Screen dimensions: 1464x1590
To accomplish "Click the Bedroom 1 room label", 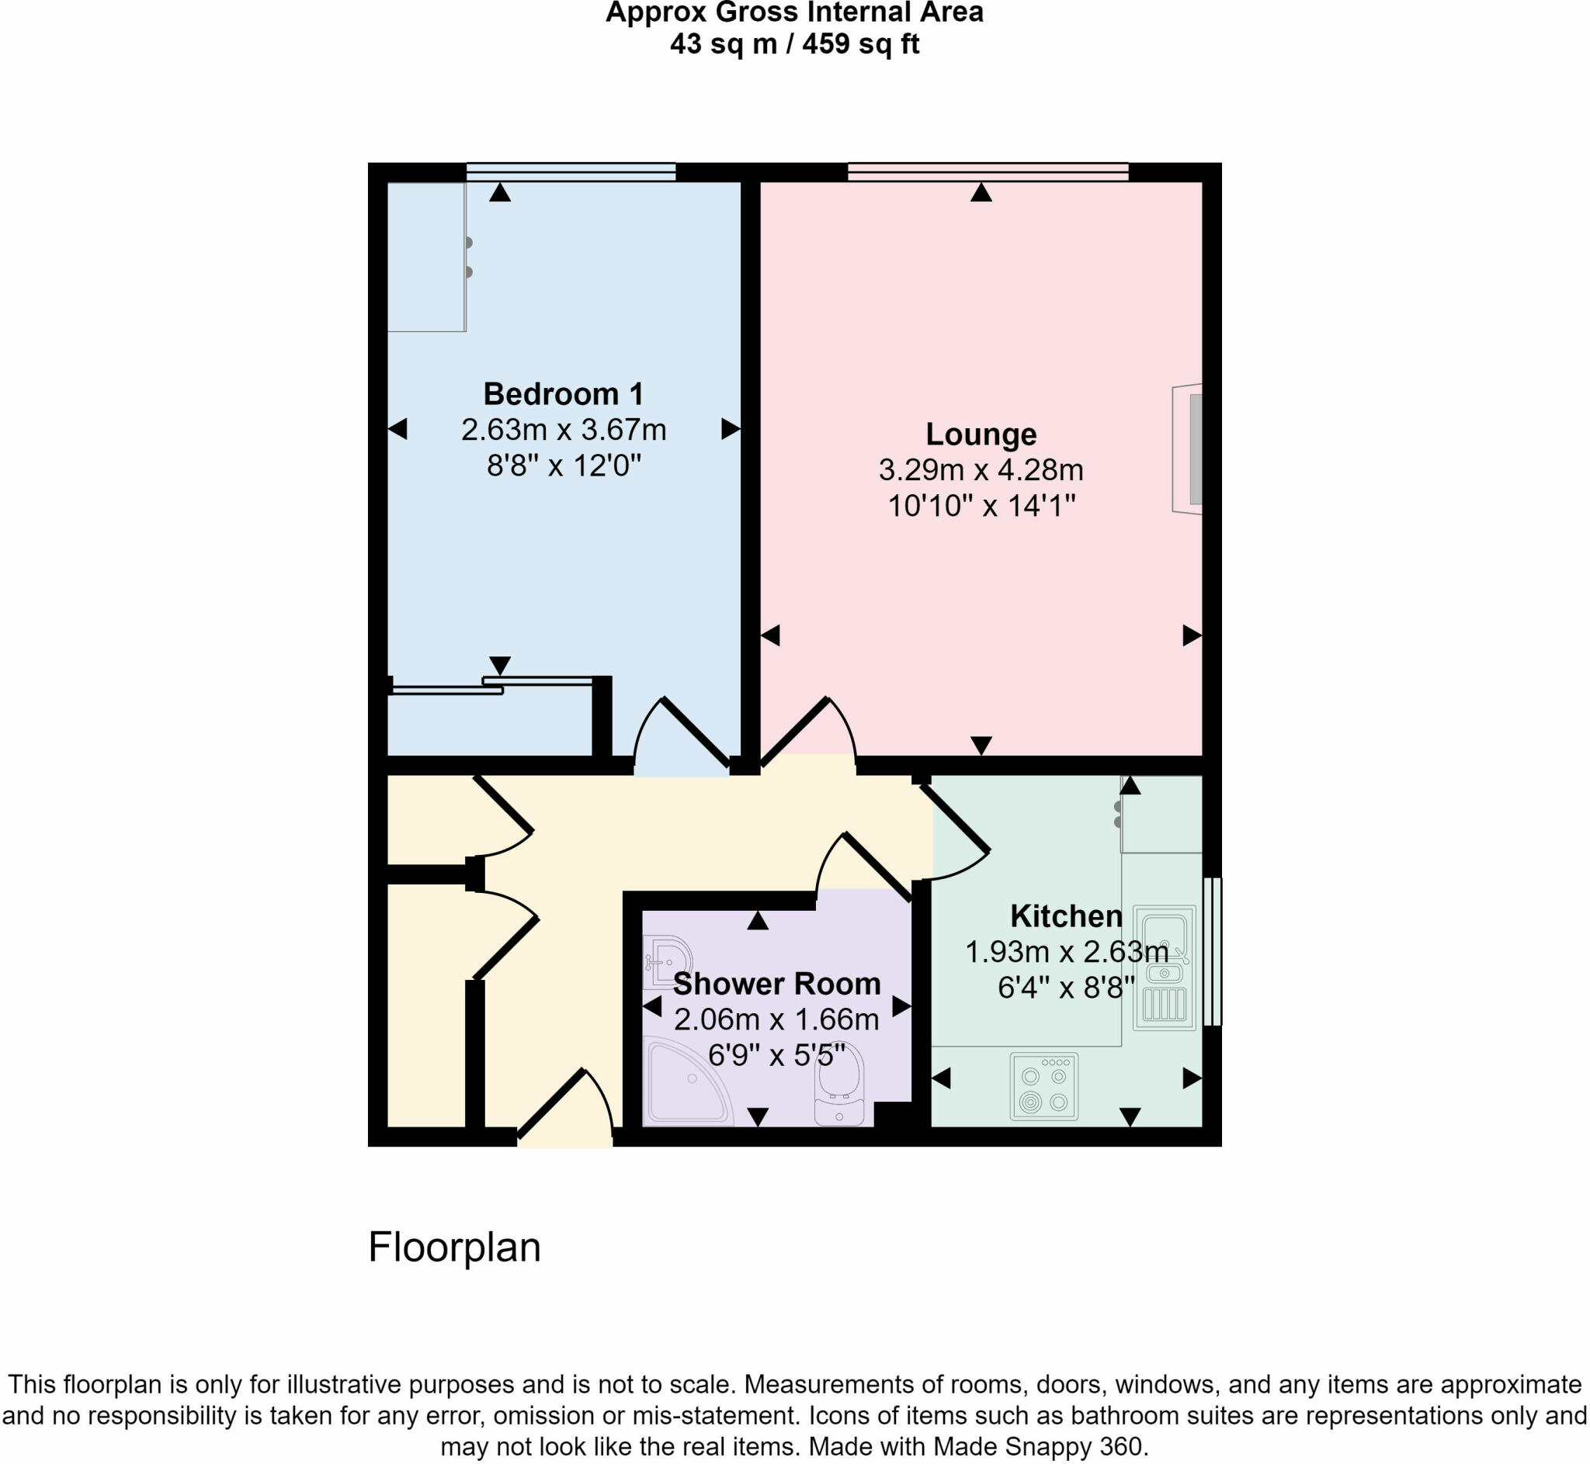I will (x=563, y=393).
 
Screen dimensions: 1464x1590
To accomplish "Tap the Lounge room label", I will (x=981, y=434).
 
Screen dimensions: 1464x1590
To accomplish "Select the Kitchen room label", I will (x=1066, y=915).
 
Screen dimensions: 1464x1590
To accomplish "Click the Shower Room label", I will (x=777, y=984).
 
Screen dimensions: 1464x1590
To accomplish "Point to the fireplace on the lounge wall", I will (x=1189, y=449).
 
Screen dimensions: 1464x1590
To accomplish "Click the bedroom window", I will (x=571, y=172).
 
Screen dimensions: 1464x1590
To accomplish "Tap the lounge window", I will (x=988, y=172).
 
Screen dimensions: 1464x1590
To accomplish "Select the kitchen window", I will (x=1212, y=950).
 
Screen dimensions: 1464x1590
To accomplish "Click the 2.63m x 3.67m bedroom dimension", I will (x=563, y=429).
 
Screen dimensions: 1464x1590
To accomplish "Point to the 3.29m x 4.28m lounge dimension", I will (x=981, y=470).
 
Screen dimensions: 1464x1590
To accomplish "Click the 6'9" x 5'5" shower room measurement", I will (x=777, y=1055).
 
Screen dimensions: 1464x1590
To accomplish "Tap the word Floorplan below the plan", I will (x=454, y=1248).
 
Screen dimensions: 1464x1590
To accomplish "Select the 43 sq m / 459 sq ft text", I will (x=794, y=43).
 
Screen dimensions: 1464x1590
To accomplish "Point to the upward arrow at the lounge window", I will (x=981, y=192).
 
